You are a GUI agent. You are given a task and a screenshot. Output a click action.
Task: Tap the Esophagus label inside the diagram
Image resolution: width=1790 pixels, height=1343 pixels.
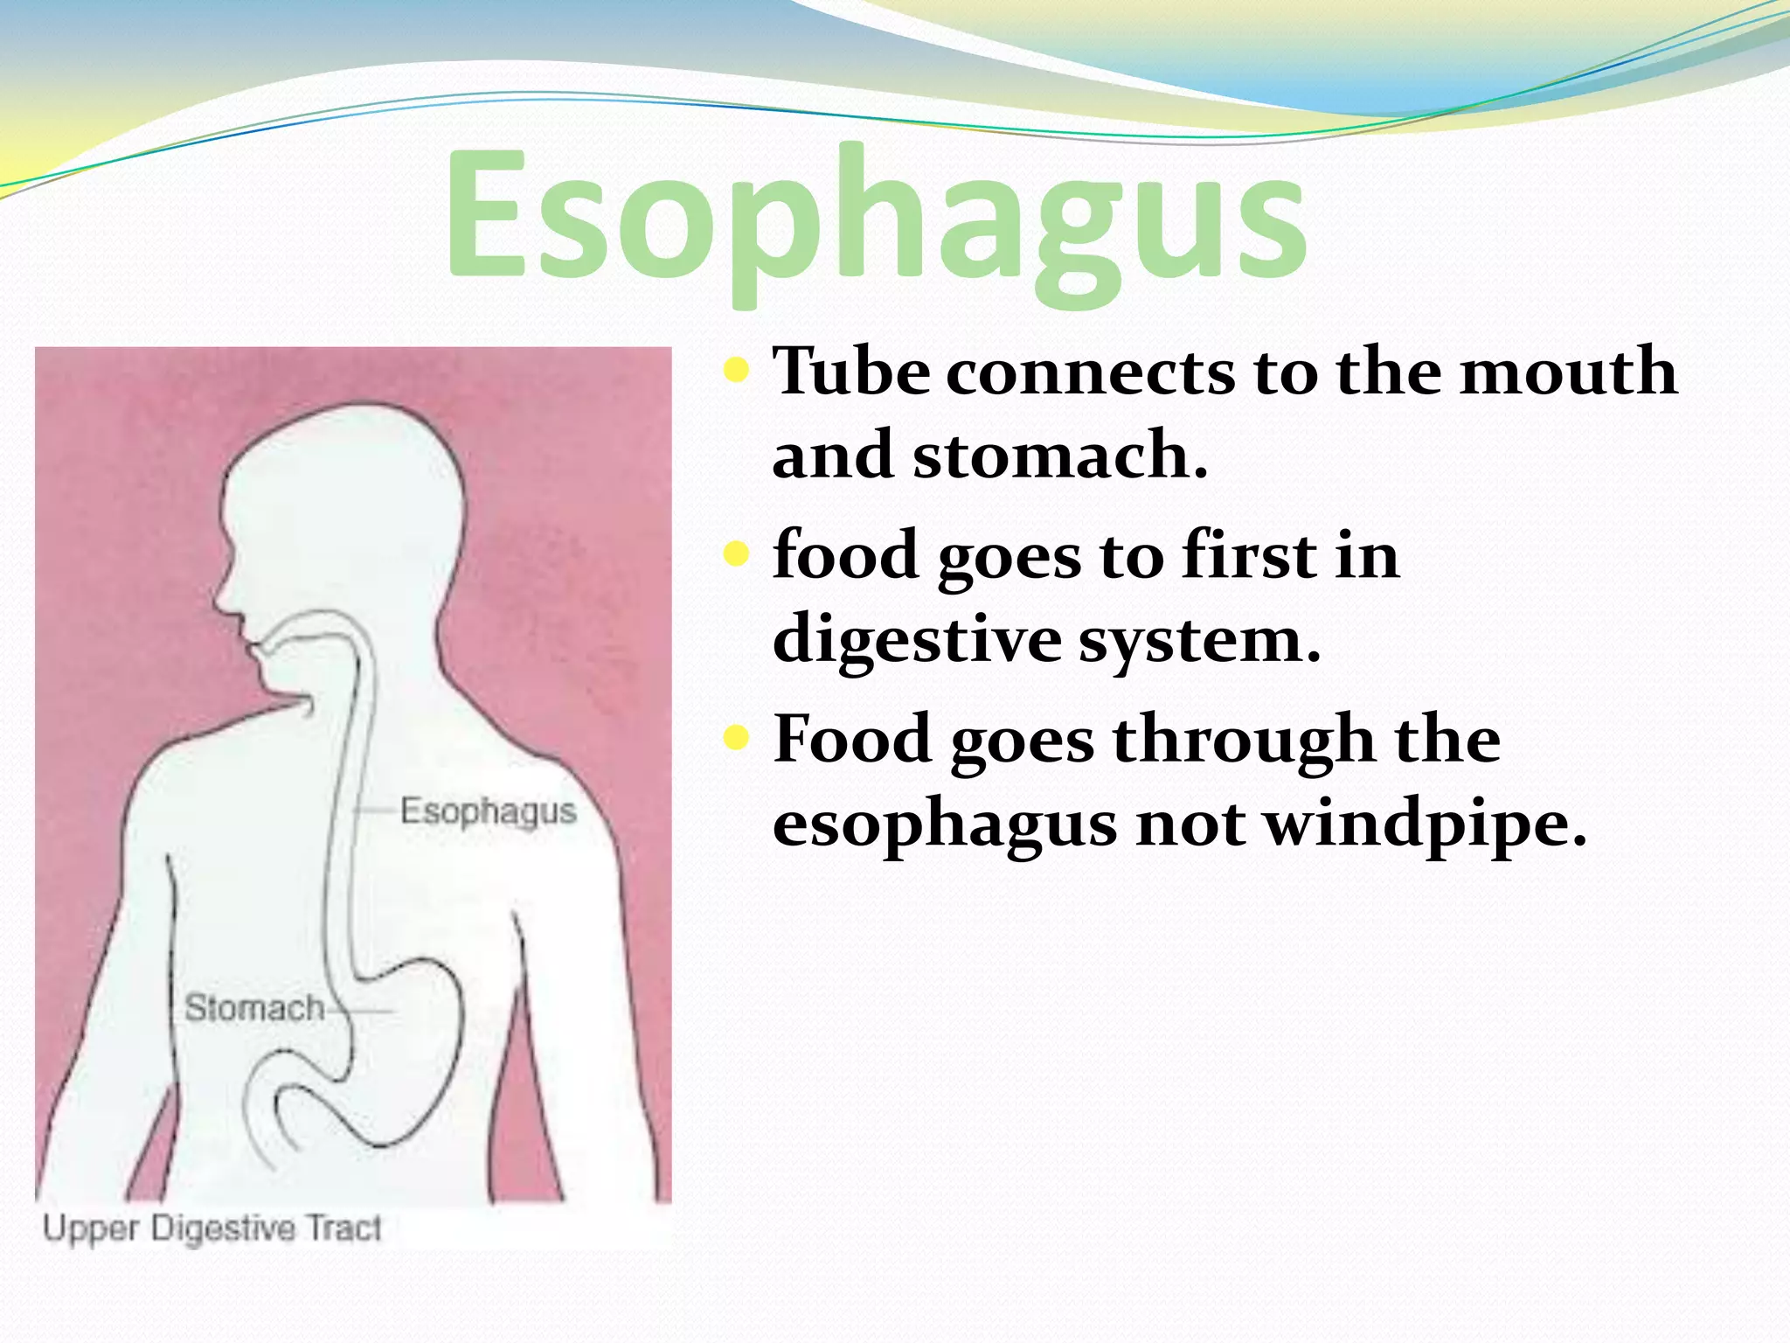coord(488,812)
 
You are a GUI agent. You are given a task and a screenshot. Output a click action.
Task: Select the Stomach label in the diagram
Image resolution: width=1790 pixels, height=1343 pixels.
coord(254,1009)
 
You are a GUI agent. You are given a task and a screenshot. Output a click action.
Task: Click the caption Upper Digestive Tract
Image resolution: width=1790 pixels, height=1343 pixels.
coord(212,1228)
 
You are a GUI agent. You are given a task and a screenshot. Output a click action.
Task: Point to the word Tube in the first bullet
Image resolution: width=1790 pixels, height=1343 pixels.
coord(851,372)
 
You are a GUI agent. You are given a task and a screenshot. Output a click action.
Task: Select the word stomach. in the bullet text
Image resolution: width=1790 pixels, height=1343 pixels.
coord(1060,455)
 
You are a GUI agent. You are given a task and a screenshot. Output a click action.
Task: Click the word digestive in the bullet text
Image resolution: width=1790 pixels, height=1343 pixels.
coord(915,640)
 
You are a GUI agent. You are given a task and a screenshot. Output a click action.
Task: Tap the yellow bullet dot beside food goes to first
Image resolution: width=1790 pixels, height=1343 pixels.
coord(737,554)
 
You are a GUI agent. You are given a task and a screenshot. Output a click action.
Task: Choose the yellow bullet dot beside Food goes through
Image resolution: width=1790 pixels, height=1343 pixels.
coord(737,740)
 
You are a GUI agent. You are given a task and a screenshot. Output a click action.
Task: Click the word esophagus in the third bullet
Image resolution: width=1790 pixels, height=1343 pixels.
coord(944,824)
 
